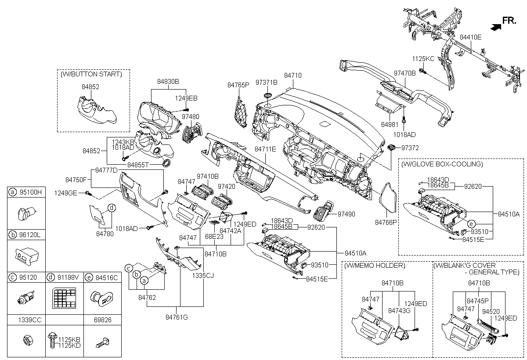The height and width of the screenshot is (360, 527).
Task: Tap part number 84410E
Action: (x=471, y=37)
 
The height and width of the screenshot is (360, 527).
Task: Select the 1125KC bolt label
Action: (x=423, y=58)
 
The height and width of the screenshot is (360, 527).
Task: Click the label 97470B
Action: (x=404, y=73)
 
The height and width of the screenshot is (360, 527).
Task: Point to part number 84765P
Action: (x=238, y=84)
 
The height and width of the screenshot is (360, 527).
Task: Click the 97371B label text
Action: (x=267, y=83)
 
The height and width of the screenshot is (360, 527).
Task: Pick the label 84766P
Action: (x=386, y=223)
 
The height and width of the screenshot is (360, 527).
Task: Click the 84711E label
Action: (x=265, y=149)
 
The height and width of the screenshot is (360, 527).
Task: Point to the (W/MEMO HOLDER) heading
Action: (x=375, y=266)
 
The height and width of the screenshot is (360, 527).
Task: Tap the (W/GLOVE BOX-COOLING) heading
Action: (x=442, y=164)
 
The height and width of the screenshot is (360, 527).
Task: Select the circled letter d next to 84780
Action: (x=112, y=208)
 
